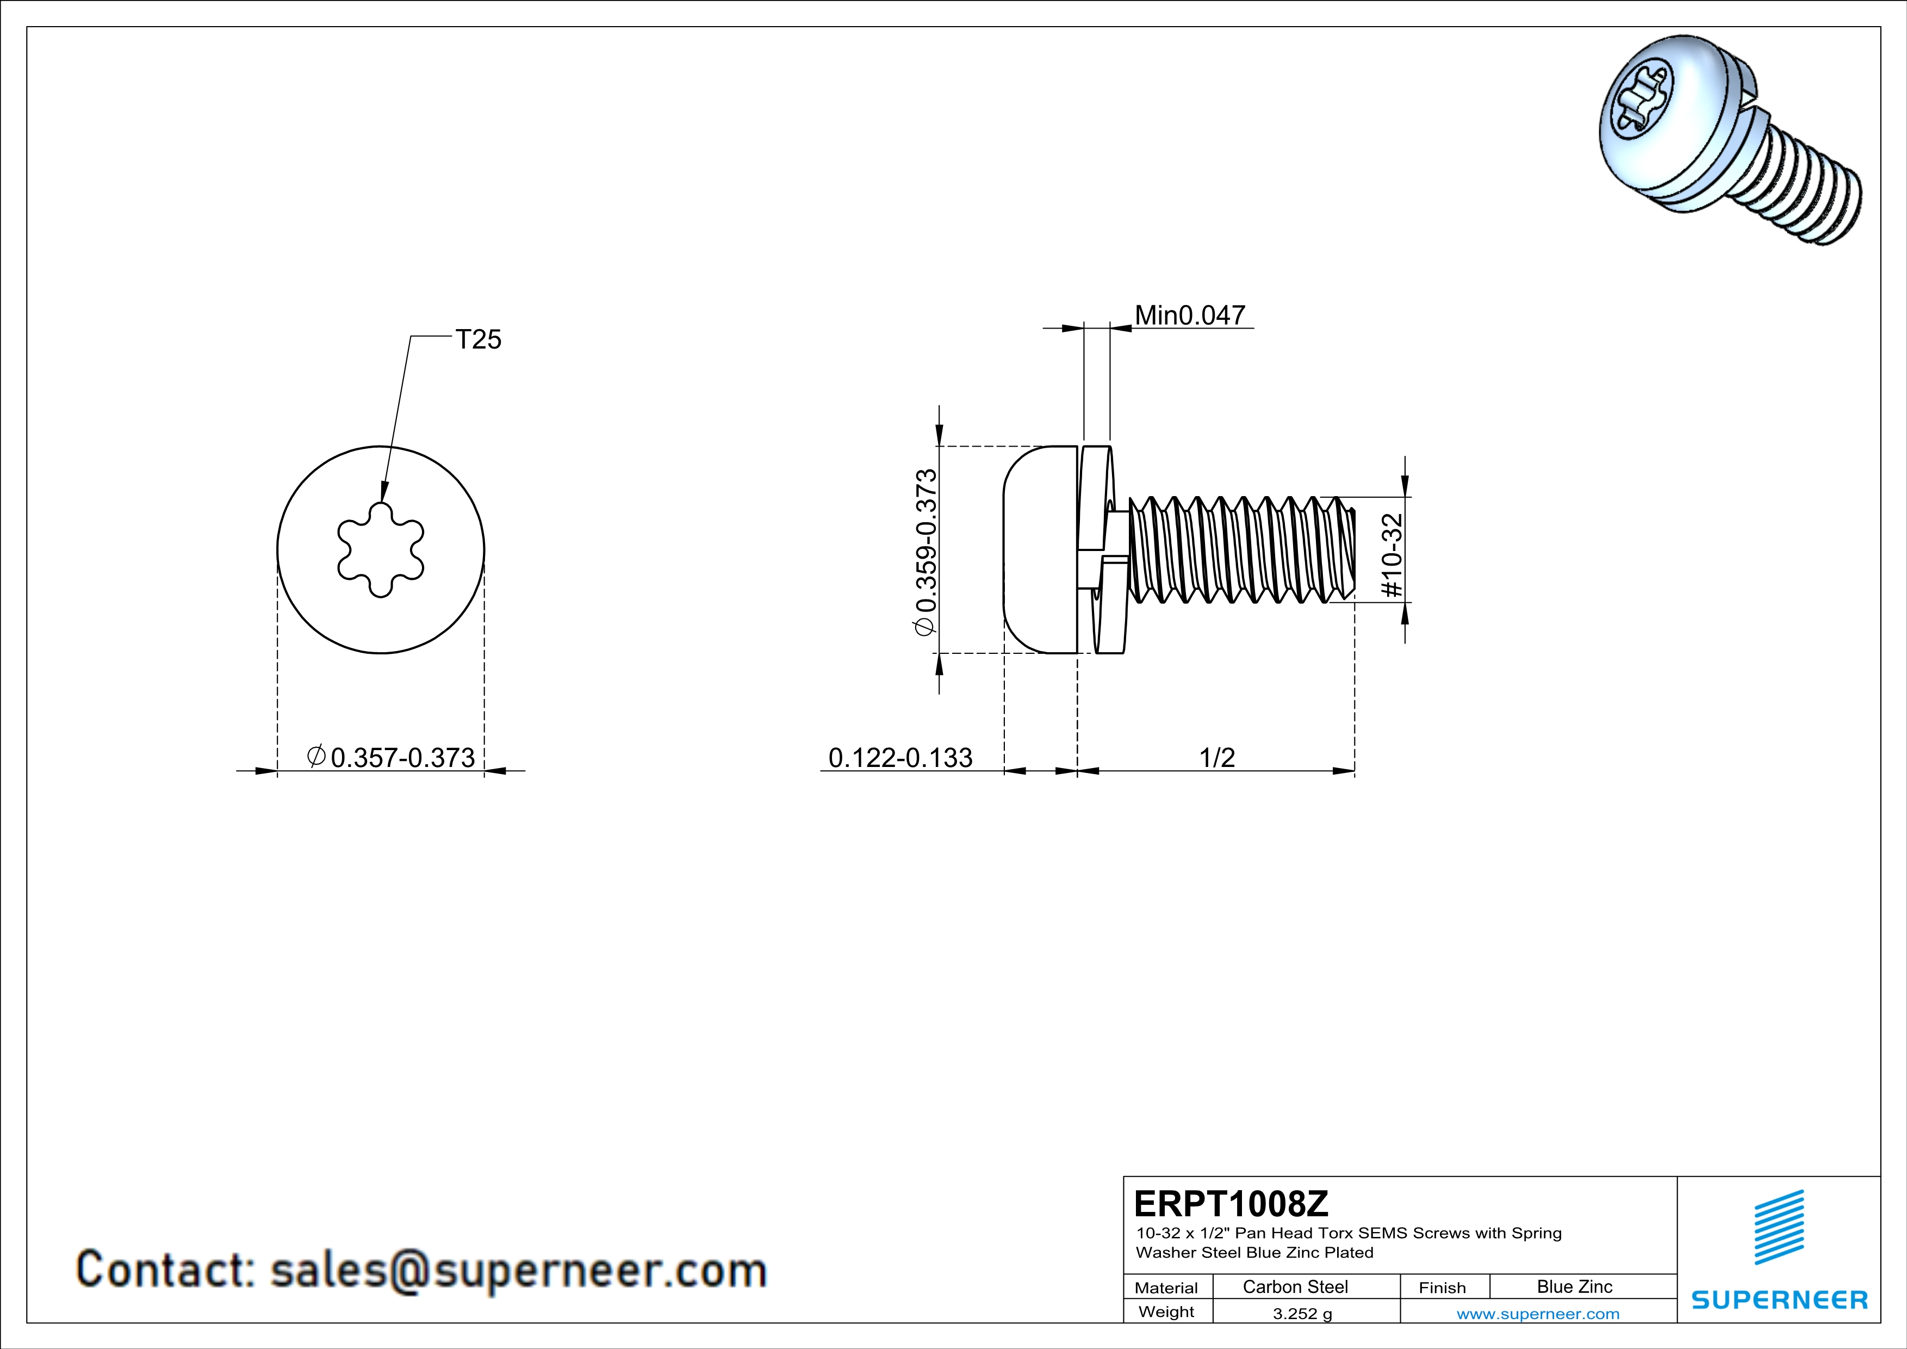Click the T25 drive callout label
[479, 340]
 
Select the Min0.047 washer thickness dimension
[1189, 315]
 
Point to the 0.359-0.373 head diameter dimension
[925, 553]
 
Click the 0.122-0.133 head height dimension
[900, 758]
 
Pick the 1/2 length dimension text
[1217, 758]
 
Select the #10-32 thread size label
[1392, 555]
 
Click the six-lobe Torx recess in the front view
[381, 550]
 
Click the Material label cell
[1166, 1288]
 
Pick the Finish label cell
[1442, 1288]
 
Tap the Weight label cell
[1166, 1313]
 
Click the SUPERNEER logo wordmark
[1779, 1300]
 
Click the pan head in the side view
[1040, 550]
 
